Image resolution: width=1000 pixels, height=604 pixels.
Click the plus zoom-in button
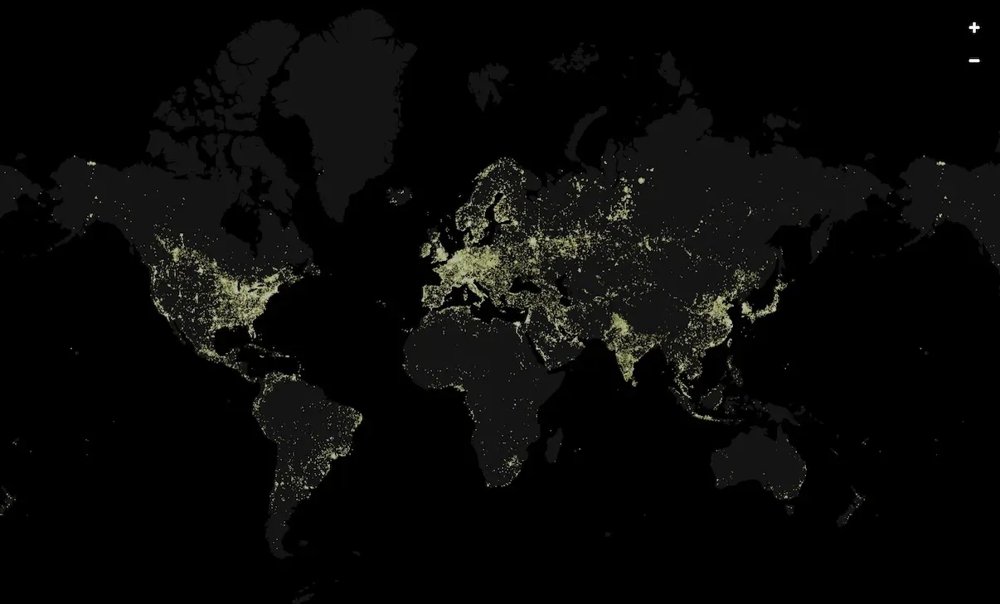tap(973, 28)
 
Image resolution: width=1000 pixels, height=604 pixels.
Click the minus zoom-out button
tap(973, 60)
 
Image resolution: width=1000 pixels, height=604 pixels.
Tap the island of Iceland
tap(399, 196)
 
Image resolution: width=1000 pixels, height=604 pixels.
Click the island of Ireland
tap(428, 244)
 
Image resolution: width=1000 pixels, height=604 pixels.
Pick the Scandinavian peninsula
tap(489, 199)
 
